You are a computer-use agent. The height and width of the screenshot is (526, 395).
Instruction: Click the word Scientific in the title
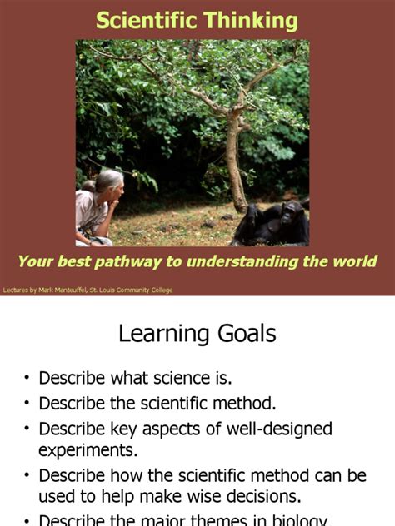(142, 21)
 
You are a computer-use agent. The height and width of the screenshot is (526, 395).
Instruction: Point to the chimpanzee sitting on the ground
(271, 223)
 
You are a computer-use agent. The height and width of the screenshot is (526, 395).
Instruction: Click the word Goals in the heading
(247, 335)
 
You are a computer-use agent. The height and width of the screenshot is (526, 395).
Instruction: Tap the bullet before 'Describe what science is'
(27, 379)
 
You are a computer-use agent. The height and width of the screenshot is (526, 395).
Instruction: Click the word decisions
(258, 497)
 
